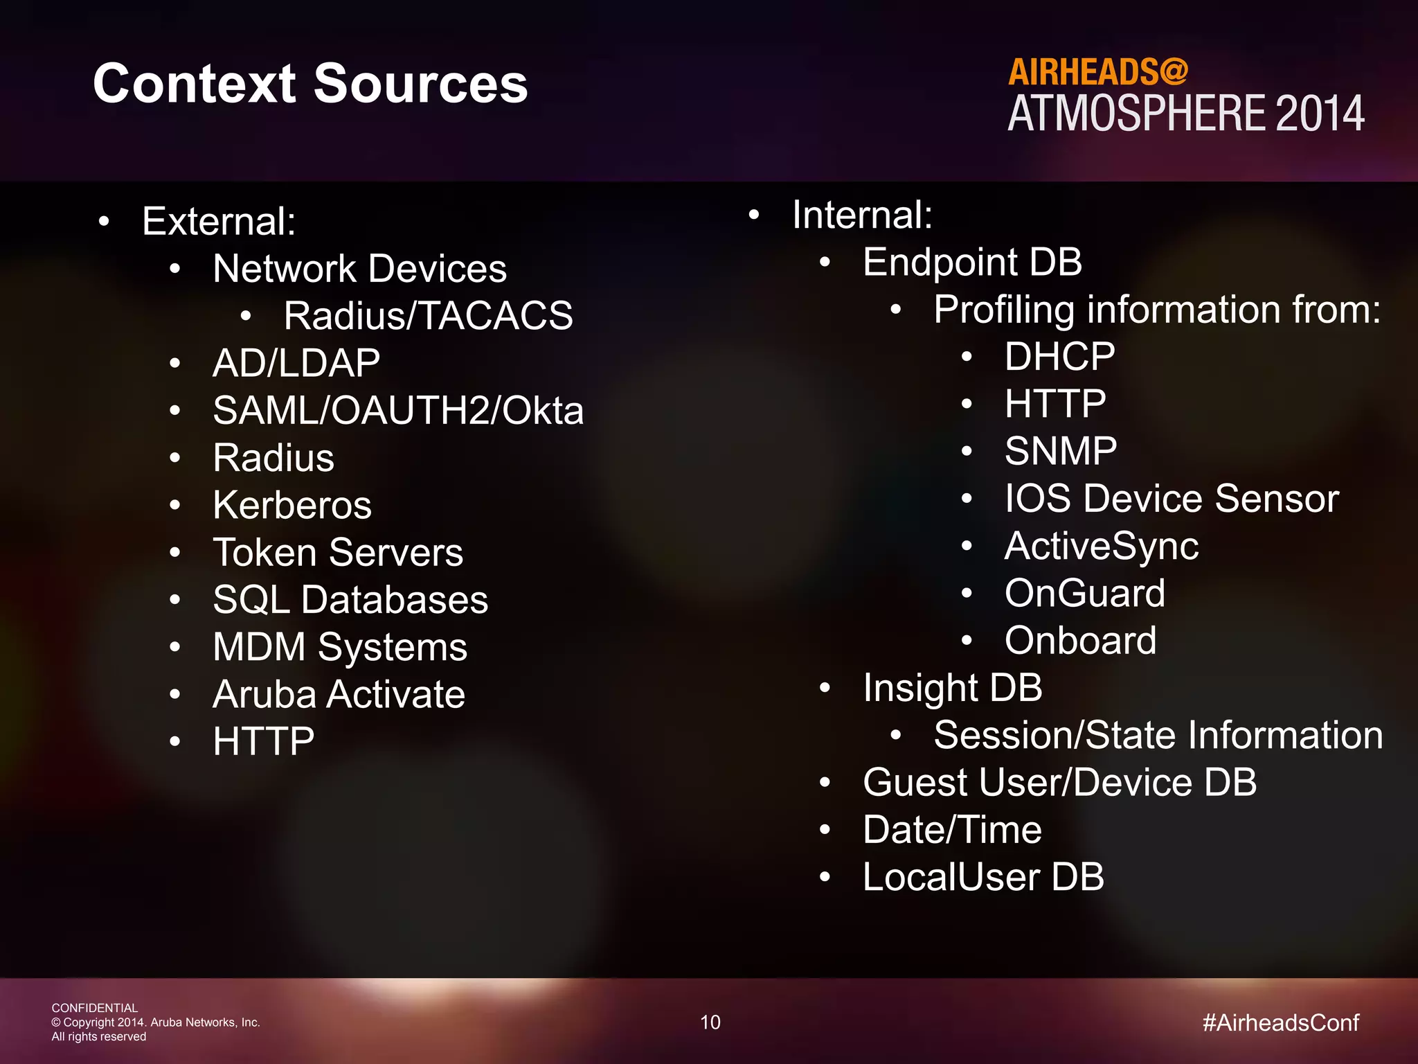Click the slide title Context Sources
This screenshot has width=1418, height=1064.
click(x=310, y=84)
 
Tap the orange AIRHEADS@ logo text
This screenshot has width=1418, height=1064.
click(x=1097, y=72)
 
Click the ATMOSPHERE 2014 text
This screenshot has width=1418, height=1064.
click(x=1185, y=114)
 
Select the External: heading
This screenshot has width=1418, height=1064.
click(x=219, y=222)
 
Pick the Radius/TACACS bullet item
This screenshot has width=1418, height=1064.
click(x=428, y=316)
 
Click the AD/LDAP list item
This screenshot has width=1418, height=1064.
click(x=296, y=363)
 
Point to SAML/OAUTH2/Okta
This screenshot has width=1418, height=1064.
click(x=398, y=410)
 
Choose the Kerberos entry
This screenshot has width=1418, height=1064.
click(x=292, y=505)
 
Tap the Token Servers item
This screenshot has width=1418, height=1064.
click(x=338, y=552)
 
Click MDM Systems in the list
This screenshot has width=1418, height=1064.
click(x=340, y=647)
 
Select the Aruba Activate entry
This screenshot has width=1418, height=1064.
click(x=339, y=694)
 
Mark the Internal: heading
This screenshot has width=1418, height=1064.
click(x=862, y=215)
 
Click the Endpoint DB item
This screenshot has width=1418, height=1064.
click(x=972, y=263)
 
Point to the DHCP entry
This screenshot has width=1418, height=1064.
click(x=1059, y=357)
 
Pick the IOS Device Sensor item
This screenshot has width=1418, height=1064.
click(x=1172, y=499)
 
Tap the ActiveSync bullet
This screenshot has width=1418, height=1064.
click(x=1101, y=546)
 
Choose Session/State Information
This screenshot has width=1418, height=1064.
click(x=1158, y=735)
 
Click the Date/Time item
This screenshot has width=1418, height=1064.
click(x=952, y=830)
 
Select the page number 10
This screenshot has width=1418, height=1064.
click(x=710, y=1022)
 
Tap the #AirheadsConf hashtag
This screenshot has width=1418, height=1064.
click(x=1281, y=1022)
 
